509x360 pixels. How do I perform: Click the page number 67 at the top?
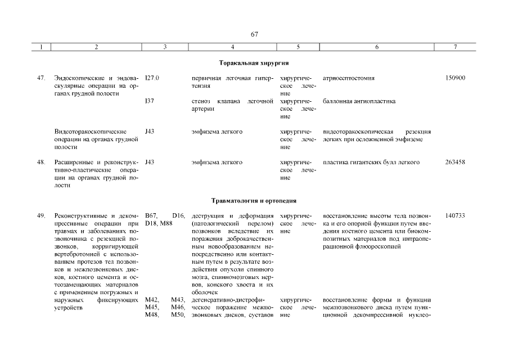[254, 34]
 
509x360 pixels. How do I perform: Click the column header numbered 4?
[233, 48]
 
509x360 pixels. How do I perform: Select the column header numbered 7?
[454, 48]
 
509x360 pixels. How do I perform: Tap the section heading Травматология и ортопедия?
[254, 200]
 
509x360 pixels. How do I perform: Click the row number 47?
[41, 78]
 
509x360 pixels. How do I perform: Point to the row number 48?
[41, 163]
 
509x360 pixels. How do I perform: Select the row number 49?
[41, 216]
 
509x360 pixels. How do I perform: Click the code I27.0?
[152, 78]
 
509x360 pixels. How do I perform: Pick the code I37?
[149, 101]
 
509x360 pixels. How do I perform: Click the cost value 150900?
[455, 78]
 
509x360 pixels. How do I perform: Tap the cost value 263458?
[455, 163]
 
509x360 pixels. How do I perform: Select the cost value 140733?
[455, 216]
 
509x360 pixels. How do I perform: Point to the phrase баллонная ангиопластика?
[359, 101]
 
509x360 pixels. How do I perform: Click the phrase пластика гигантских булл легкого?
[372, 163]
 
